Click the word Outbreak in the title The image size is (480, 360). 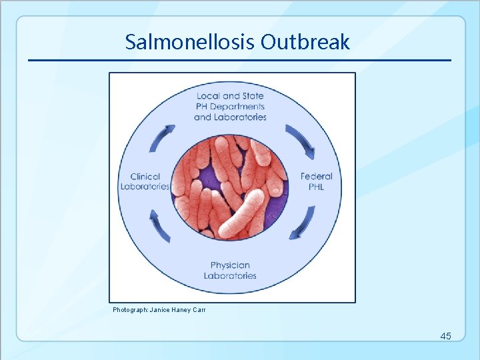coord(305,43)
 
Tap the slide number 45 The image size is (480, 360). coord(445,336)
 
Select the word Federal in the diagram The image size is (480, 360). coord(316,177)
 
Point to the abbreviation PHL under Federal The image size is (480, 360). coord(316,187)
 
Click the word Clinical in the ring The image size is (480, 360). coord(145,177)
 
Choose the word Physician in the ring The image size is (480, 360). coord(230,265)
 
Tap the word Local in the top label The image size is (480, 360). coord(209,96)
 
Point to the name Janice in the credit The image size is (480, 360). coord(160,310)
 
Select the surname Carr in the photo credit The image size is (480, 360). coord(199,310)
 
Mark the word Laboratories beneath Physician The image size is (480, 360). coord(230,276)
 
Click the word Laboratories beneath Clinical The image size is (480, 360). coord(145,187)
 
